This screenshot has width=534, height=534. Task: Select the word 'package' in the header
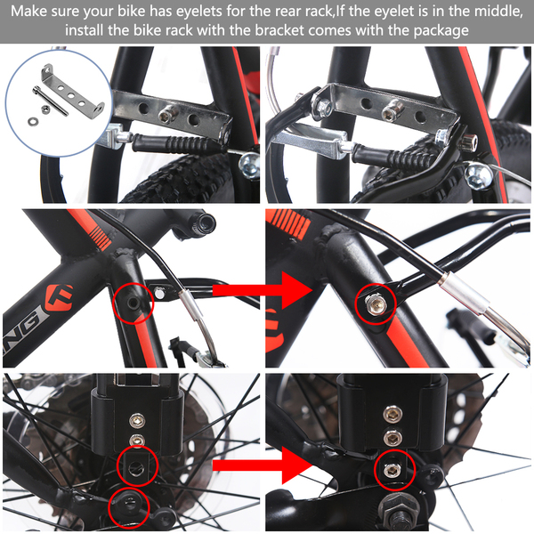(441, 31)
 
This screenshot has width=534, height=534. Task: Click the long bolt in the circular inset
(50, 101)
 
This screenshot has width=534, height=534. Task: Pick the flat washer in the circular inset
(33, 120)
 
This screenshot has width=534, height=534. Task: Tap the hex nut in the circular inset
(44, 109)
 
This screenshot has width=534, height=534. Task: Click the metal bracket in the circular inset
(73, 92)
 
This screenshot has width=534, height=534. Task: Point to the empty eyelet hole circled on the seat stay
(132, 303)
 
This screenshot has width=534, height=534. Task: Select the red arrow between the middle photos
(263, 290)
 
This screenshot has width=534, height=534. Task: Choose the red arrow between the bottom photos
(263, 465)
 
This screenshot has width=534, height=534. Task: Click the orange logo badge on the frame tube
(60, 295)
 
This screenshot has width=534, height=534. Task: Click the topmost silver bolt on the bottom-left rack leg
(137, 421)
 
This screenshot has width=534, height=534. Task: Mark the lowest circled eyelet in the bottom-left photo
(128, 503)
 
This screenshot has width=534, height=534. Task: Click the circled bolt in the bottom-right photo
(391, 470)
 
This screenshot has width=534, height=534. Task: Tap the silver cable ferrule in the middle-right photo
(465, 292)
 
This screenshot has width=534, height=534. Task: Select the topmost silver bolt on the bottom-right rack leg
(392, 414)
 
